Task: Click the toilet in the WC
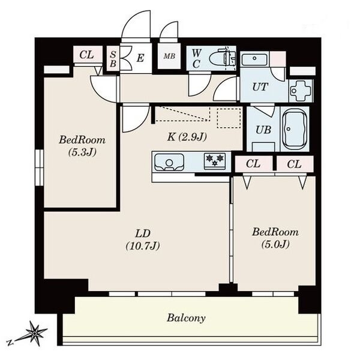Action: (x=222, y=58)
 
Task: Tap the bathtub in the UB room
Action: (x=294, y=130)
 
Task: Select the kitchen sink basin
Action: (x=169, y=163)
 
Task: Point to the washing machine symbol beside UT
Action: (x=301, y=91)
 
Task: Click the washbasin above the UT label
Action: (x=254, y=59)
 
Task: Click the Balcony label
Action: (x=186, y=318)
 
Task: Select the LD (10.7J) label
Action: (x=143, y=239)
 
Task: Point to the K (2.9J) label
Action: (x=187, y=137)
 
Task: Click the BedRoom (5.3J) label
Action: (x=82, y=146)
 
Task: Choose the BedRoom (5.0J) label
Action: (x=275, y=238)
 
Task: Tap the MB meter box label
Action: (x=169, y=56)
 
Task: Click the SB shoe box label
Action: (x=113, y=59)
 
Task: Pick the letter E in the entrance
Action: (x=140, y=58)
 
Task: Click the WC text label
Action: (x=196, y=59)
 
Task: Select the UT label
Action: (x=260, y=87)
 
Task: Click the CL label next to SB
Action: (x=87, y=55)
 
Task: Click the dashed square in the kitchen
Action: (x=229, y=118)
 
